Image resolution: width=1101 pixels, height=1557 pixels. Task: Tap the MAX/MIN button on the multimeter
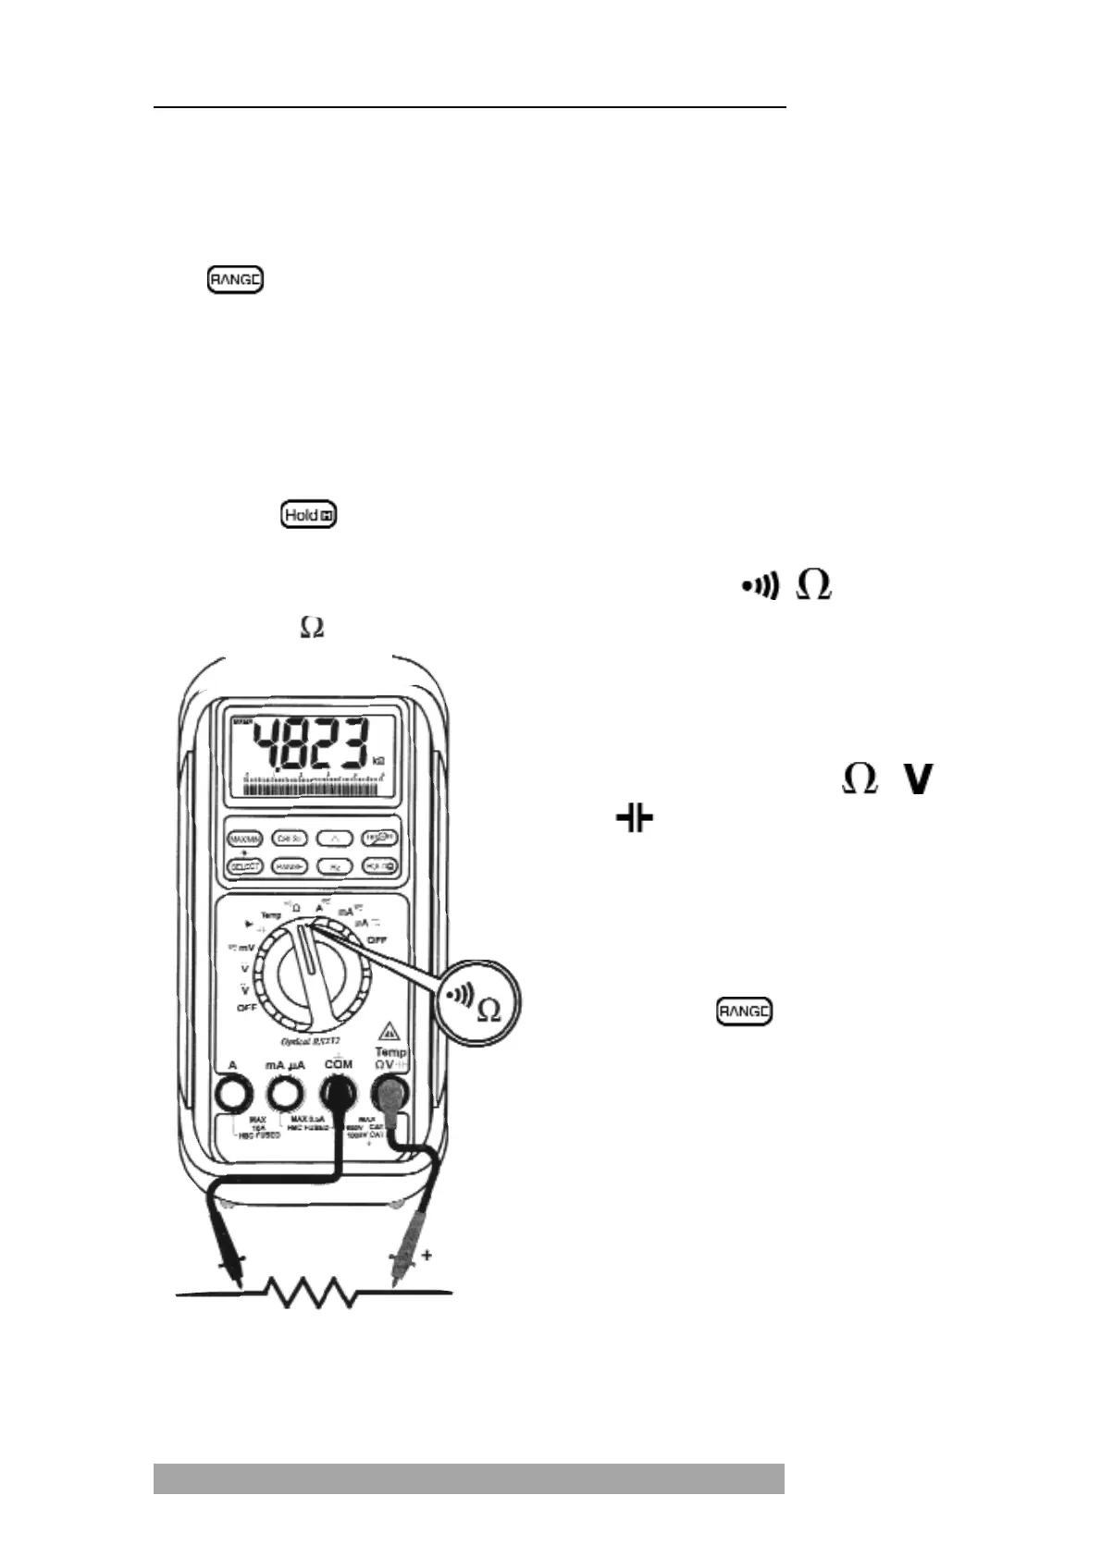[246, 839]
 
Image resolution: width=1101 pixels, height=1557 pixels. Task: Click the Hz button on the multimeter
[334, 866]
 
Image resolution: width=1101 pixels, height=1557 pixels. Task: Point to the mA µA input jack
[284, 1097]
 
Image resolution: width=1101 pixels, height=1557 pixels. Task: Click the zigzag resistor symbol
[313, 1292]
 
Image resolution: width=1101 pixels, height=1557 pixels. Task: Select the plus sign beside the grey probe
[427, 1255]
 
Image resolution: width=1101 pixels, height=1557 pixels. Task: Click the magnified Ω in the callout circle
[489, 1011]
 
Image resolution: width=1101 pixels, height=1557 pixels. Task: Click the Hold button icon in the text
[309, 515]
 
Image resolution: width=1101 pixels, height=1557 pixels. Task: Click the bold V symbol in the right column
[916, 781]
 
